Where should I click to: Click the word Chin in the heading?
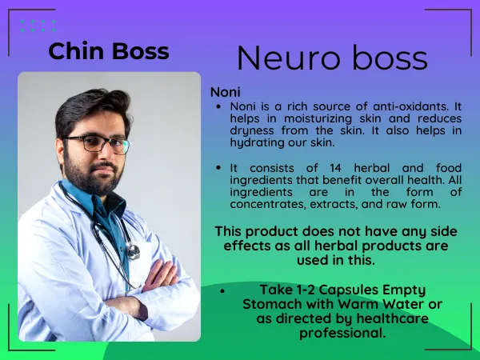(76, 51)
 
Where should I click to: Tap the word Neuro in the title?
(288, 58)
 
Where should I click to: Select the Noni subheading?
(226, 92)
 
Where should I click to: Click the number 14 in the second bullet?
(335, 168)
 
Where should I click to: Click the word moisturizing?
(318, 118)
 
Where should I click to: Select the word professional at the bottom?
(342, 333)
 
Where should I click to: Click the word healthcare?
(393, 318)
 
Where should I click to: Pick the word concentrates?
(268, 204)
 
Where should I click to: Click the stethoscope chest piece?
(133, 252)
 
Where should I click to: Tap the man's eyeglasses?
(97, 143)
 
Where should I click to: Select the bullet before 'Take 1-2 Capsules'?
(222, 291)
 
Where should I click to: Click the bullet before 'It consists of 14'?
(218, 168)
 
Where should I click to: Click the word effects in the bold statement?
(247, 246)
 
